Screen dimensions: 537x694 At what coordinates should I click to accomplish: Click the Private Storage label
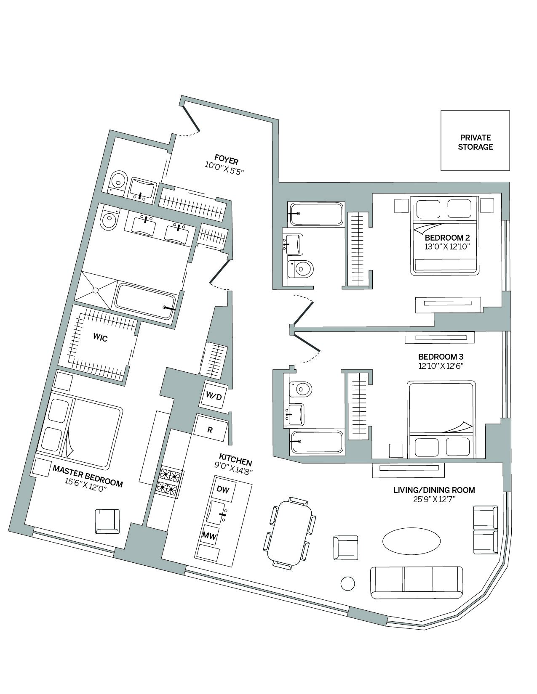coord(475,142)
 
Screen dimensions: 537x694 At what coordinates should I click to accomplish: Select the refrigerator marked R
coord(210,429)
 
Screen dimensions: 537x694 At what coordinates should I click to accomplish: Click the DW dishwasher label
coord(223,489)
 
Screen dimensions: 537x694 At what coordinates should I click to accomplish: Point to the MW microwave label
coord(209,535)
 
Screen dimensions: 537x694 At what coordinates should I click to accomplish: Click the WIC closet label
coord(100,337)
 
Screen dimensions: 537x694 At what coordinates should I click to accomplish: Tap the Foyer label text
coord(226,159)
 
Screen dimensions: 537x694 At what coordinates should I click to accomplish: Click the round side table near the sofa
coord(348,583)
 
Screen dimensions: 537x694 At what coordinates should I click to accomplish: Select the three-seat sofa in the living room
coord(416,582)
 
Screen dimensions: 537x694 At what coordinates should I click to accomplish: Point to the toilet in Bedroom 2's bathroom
coord(301,268)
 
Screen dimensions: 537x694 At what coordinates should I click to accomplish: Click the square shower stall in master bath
coord(96,290)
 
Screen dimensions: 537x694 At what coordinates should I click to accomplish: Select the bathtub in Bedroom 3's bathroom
coord(317,442)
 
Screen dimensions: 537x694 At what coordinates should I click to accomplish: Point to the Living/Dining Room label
coord(434,490)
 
